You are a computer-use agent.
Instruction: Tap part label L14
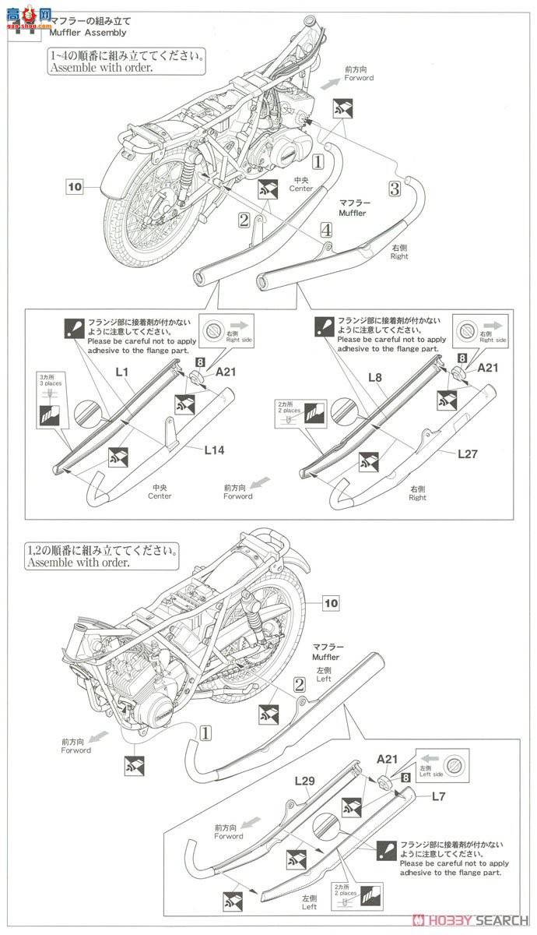click(216, 450)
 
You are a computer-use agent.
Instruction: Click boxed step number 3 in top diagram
click(395, 189)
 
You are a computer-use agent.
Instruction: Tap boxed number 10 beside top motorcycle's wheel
click(74, 187)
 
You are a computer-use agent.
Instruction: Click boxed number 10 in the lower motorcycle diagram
click(332, 602)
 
